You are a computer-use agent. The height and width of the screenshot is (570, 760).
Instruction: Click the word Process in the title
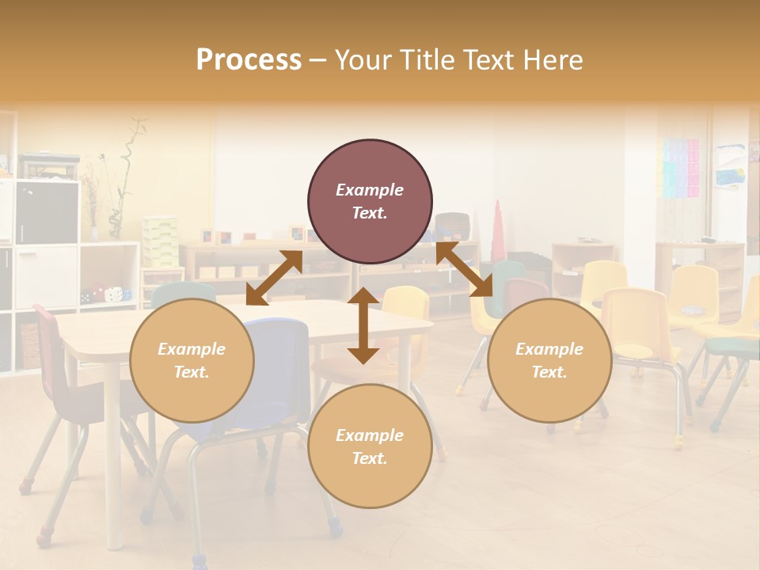249,59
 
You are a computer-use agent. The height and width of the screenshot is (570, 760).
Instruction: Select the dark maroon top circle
370,202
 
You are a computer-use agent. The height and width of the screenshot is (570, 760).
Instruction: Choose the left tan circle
192,361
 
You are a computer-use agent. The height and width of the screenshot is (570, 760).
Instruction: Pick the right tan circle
549,361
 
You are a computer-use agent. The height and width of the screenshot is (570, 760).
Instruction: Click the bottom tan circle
370,447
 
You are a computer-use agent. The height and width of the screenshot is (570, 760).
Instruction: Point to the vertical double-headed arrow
363,325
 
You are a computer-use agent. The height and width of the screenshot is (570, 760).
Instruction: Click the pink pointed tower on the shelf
497,230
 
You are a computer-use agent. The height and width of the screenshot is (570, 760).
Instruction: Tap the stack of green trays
160,241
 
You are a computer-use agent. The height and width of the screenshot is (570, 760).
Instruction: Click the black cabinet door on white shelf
47,212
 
